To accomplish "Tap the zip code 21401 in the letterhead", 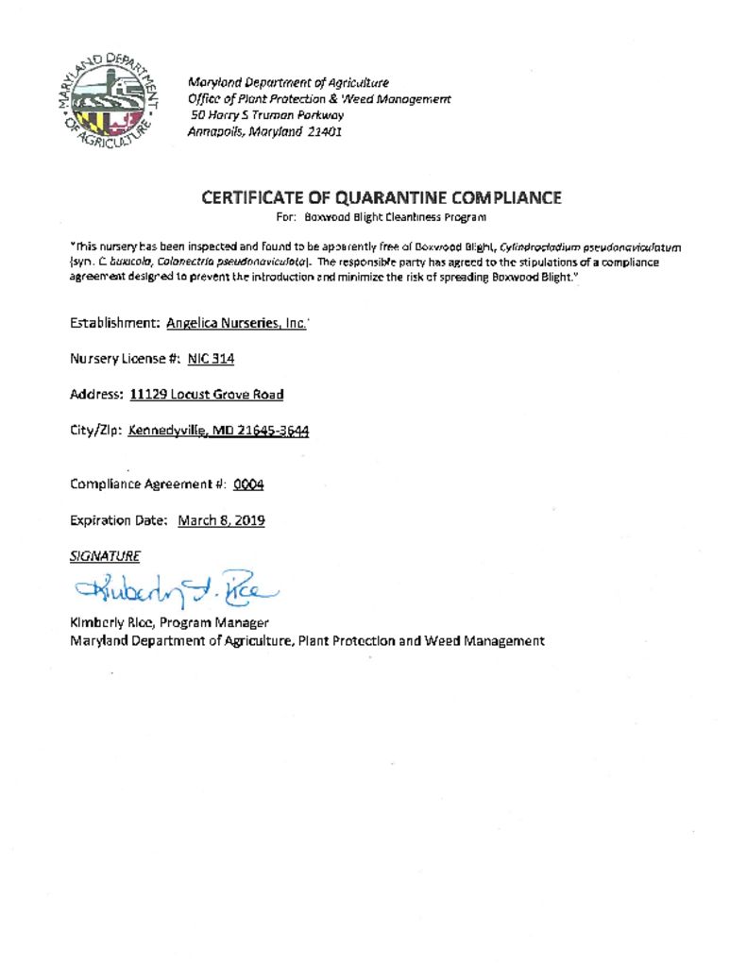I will [323, 131].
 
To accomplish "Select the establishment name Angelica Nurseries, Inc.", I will [236, 323].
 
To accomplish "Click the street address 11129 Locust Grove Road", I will [207, 395].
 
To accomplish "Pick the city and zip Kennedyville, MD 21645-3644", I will [218, 431].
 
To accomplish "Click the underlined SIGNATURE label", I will [105, 556].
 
